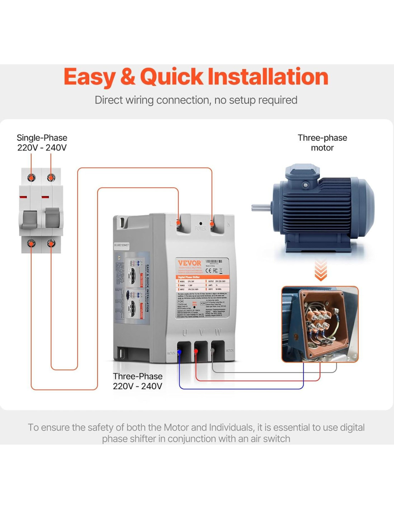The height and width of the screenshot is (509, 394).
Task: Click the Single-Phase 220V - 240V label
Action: (x=42, y=143)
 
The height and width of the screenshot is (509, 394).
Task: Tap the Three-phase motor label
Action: (x=322, y=143)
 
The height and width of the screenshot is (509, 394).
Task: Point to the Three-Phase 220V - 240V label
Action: (x=138, y=381)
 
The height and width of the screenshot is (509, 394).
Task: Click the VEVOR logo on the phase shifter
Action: (x=189, y=263)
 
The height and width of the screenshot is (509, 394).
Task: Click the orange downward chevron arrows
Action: (x=321, y=270)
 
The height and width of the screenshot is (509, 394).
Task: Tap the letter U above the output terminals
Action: (x=185, y=333)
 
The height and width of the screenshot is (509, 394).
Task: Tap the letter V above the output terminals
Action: (x=201, y=333)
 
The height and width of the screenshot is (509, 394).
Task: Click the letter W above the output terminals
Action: (x=218, y=333)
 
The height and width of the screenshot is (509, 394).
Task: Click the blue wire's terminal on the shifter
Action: (x=179, y=352)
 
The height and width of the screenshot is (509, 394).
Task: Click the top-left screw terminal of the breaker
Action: (x=32, y=178)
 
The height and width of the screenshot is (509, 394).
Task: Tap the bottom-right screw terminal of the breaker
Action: (x=51, y=244)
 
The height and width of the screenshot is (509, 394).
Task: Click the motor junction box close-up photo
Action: (x=320, y=324)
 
